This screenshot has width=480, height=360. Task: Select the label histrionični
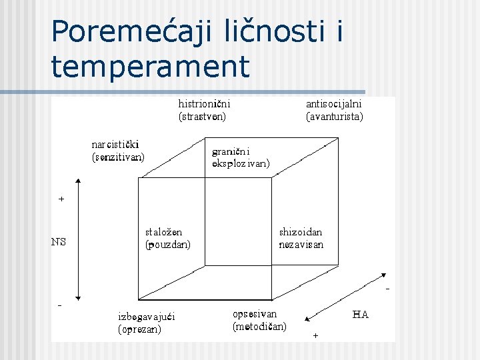[204, 104]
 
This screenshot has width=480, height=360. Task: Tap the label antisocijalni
[333, 104]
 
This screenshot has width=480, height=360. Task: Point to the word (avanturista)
[334, 117]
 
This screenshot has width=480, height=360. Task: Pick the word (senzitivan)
[118, 157]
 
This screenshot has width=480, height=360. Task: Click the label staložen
[164, 232]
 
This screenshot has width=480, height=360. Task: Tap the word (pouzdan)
[168, 245]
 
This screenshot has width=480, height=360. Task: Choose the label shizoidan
[301, 232]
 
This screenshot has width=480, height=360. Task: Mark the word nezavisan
[301, 245]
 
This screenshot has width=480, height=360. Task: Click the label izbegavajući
[146, 316]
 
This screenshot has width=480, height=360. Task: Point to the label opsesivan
[255, 313]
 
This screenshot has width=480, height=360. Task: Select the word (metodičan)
[259, 327]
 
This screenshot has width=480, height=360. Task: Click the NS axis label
[59, 242]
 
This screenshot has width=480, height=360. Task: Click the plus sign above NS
[61, 199]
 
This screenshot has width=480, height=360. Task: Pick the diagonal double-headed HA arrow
[343, 297]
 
